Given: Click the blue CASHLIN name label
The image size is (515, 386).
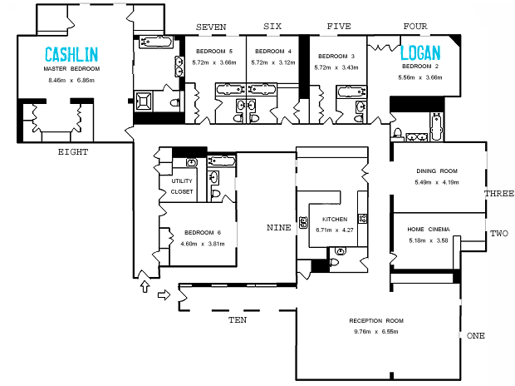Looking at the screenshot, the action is pyautogui.click(x=71, y=55).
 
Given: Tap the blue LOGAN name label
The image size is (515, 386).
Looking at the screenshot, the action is pyautogui.click(x=420, y=52).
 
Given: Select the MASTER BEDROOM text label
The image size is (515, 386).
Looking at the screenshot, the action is pyautogui.click(x=71, y=69).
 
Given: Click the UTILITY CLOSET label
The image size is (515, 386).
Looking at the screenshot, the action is pyautogui.click(x=182, y=186).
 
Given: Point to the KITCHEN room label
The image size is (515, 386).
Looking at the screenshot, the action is pyautogui.click(x=335, y=219).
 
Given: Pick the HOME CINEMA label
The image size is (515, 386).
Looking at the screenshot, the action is pyautogui.click(x=429, y=230).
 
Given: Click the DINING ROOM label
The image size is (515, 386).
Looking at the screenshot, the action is pyautogui.click(x=437, y=171).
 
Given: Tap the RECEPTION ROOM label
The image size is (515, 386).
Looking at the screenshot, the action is pyautogui.click(x=376, y=321).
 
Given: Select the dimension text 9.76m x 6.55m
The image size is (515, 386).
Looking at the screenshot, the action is pyautogui.click(x=376, y=332).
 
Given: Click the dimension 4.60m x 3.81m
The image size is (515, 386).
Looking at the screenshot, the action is pyautogui.click(x=203, y=244).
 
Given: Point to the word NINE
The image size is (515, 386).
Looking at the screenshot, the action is pyautogui.click(x=279, y=228).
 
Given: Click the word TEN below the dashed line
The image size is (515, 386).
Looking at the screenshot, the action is pyautogui.click(x=238, y=319).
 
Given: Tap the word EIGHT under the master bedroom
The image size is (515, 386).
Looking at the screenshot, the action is pyautogui.click(x=73, y=152).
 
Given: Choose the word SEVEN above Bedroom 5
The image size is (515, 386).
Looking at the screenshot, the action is pyautogui.click(x=211, y=27).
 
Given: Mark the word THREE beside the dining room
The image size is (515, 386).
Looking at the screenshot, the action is pyautogui.click(x=499, y=194).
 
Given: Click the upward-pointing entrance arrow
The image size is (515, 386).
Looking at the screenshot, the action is pyautogui.click(x=145, y=286).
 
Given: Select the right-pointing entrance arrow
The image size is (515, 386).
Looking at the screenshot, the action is pyautogui.click(x=164, y=294).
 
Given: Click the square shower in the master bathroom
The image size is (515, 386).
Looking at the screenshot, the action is pyautogui.click(x=144, y=101).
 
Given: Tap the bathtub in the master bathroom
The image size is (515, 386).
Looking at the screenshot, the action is pyautogui.click(x=155, y=42).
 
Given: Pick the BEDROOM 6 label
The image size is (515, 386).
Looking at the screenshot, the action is pyautogui.click(x=203, y=233).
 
